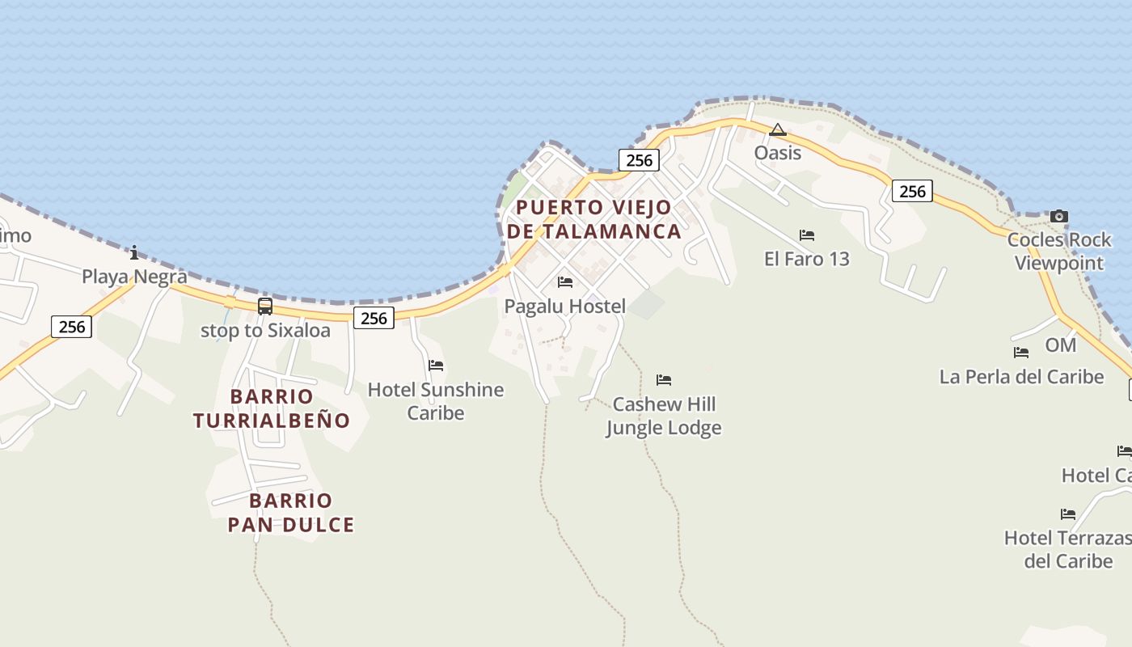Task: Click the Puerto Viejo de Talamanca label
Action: point(594,219)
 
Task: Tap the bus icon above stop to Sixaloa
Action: point(265,307)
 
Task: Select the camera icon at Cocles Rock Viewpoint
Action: point(1058,216)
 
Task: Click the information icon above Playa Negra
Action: point(134,252)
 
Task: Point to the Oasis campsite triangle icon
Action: point(777,129)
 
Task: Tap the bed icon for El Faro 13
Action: point(807,235)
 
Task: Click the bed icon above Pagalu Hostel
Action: point(565,282)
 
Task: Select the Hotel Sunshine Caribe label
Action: point(435,401)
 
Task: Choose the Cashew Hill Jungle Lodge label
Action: point(664,416)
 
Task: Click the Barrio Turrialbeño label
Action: point(272,408)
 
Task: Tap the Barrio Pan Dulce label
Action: point(291,513)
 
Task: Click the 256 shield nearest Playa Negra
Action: point(72,327)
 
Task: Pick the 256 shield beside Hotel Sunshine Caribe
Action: point(374,318)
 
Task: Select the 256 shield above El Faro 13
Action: point(912,191)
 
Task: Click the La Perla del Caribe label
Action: point(1021,377)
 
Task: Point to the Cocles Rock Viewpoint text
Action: point(1058,252)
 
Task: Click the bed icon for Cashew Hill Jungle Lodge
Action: point(664,379)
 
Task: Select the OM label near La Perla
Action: point(1060,345)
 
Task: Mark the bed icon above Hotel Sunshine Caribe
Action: point(436,366)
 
